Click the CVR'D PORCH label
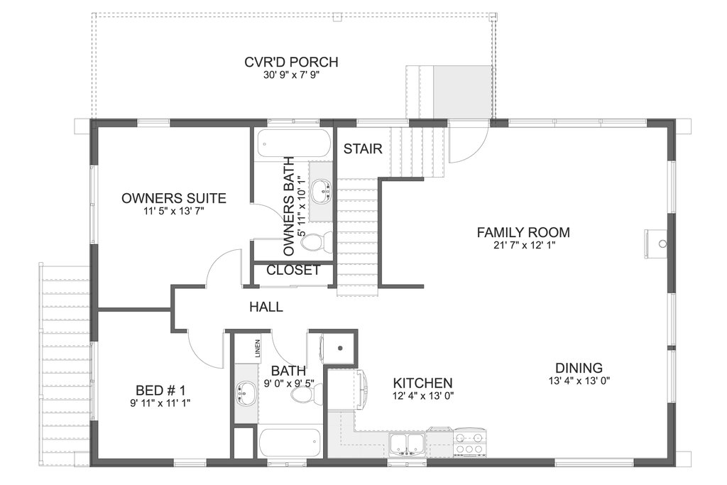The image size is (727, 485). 291,62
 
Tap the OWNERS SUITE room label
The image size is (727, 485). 174,198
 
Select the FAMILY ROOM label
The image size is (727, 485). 523,232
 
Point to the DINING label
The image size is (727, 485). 579,368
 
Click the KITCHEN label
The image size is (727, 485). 423,383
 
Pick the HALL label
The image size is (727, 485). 266,307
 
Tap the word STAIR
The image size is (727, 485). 363,149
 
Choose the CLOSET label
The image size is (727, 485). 293,270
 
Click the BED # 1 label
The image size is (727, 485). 160,390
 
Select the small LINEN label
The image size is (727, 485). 257,349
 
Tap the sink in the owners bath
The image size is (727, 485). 321,191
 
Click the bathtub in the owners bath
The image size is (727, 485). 293,143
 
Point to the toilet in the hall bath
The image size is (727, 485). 307,395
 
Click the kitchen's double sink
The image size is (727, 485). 408,444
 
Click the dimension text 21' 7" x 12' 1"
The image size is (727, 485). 525,245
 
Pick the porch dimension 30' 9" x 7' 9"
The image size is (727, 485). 292,75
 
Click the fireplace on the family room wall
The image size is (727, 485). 655,244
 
